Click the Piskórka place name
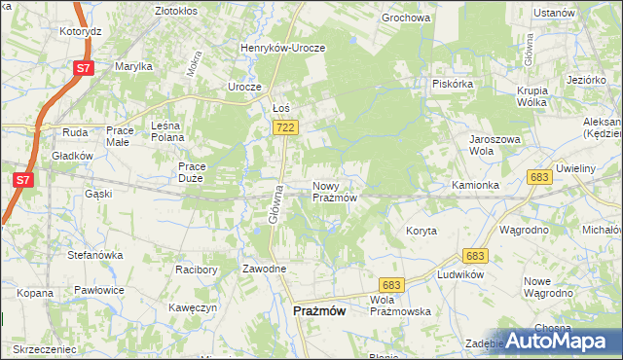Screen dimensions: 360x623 (453, 83)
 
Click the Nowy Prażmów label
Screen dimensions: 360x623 (336, 191)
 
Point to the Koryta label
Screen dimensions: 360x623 (421, 231)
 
